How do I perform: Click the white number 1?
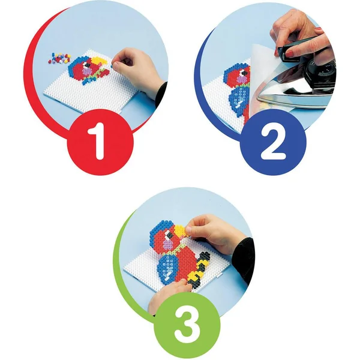[98, 141]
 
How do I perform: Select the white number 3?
[187, 324]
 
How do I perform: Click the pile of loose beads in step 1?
[59, 58]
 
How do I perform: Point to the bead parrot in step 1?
[88, 69]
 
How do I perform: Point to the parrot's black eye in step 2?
[244, 73]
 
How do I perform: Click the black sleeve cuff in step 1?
[161, 94]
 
